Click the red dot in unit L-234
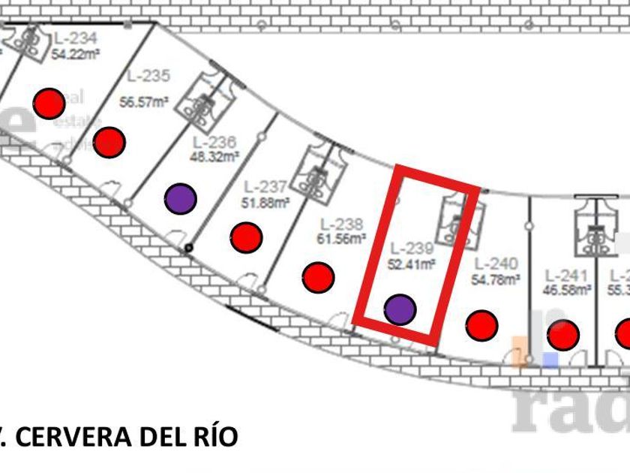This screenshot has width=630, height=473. [x=50, y=103]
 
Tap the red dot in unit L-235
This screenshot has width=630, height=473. [x=109, y=141]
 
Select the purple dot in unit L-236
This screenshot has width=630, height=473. [x=180, y=198]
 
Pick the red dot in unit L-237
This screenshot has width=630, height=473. [x=246, y=237]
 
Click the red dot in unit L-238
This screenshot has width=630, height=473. [x=318, y=278]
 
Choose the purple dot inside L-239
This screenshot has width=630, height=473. [x=400, y=309]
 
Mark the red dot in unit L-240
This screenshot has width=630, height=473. [x=481, y=325]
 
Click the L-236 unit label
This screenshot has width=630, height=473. [x=214, y=143]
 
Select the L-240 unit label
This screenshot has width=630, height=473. [x=496, y=264]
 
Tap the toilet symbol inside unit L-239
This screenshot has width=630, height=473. [x=458, y=220]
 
